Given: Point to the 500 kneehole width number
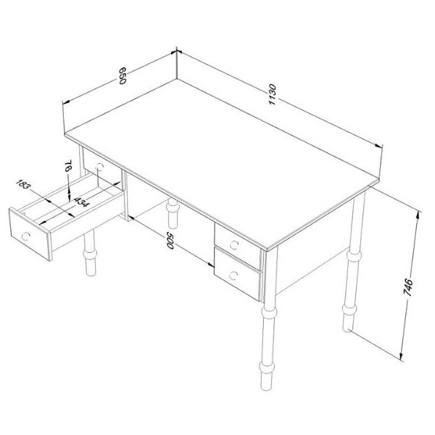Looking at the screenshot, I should [x=170, y=241].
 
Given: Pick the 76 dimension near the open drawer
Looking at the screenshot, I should [x=67, y=168].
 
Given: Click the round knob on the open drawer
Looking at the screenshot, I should [x=26, y=235].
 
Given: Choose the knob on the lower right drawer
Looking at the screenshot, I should [x=234, y=274].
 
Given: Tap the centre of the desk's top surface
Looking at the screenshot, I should [x=225, y=167].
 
